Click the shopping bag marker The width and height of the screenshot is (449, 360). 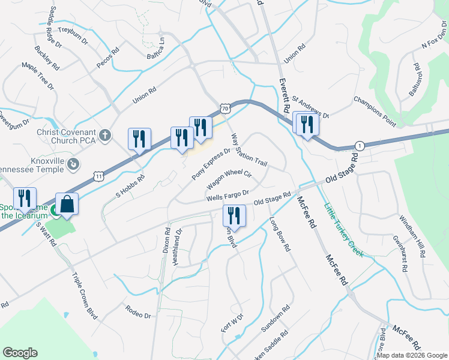(67, 205)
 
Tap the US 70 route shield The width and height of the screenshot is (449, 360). (224, 109)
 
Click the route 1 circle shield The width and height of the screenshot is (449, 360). (360, 146)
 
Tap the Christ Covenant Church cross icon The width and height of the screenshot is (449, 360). (106, 134)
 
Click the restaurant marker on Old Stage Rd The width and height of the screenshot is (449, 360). (234, 217)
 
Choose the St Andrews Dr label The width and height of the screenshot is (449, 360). (310, 106)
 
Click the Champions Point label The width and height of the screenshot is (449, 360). (375, 112)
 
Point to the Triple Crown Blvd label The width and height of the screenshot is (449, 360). (84, 296)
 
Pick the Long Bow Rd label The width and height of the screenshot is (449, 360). (279, 234)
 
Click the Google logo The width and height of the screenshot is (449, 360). (20, 353)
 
